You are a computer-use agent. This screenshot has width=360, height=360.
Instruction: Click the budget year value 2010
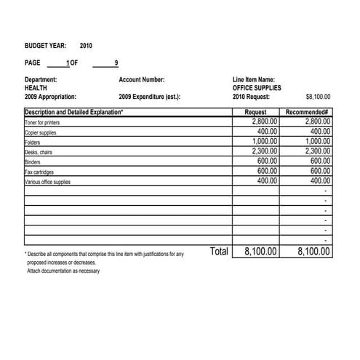pos(86,46)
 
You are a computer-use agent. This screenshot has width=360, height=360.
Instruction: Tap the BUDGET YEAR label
pos(45,46)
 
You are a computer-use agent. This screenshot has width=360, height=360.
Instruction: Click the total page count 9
pos(116,63)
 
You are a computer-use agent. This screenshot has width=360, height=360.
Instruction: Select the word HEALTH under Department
pos(36,88)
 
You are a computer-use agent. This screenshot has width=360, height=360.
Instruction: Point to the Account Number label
pos(141,79)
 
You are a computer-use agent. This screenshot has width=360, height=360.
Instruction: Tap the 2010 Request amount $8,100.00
pos(318,97)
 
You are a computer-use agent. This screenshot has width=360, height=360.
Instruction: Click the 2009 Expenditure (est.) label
pos(149,97)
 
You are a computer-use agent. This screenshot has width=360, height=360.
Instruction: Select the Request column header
pos(255,112)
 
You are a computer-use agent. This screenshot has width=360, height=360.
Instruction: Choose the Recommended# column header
pos(308,112)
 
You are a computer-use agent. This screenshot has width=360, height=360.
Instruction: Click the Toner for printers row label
pos(43,122)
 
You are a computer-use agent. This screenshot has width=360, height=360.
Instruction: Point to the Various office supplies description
pos(47,182)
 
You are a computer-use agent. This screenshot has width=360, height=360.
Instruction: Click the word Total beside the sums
pos(219,252)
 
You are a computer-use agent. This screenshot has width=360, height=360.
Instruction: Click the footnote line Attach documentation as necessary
pos(63,271)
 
